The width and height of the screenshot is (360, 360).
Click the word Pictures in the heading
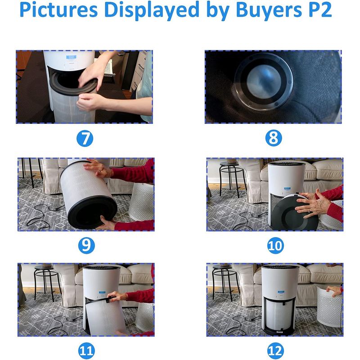58,9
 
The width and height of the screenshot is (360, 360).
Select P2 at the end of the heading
320,9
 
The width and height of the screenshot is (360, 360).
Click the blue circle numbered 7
85,139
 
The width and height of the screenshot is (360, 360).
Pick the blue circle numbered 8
273,138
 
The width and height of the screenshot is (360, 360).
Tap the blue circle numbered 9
86,245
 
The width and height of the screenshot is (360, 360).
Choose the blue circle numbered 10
275,245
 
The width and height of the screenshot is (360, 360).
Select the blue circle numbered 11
86,351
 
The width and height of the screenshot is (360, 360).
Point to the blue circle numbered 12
275,351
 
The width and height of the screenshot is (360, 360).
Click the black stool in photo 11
46,283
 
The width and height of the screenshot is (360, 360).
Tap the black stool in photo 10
231,179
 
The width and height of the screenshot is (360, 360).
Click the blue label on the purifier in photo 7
71,57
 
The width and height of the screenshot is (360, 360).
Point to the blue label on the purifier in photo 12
280,292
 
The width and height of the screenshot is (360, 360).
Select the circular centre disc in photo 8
264,81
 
